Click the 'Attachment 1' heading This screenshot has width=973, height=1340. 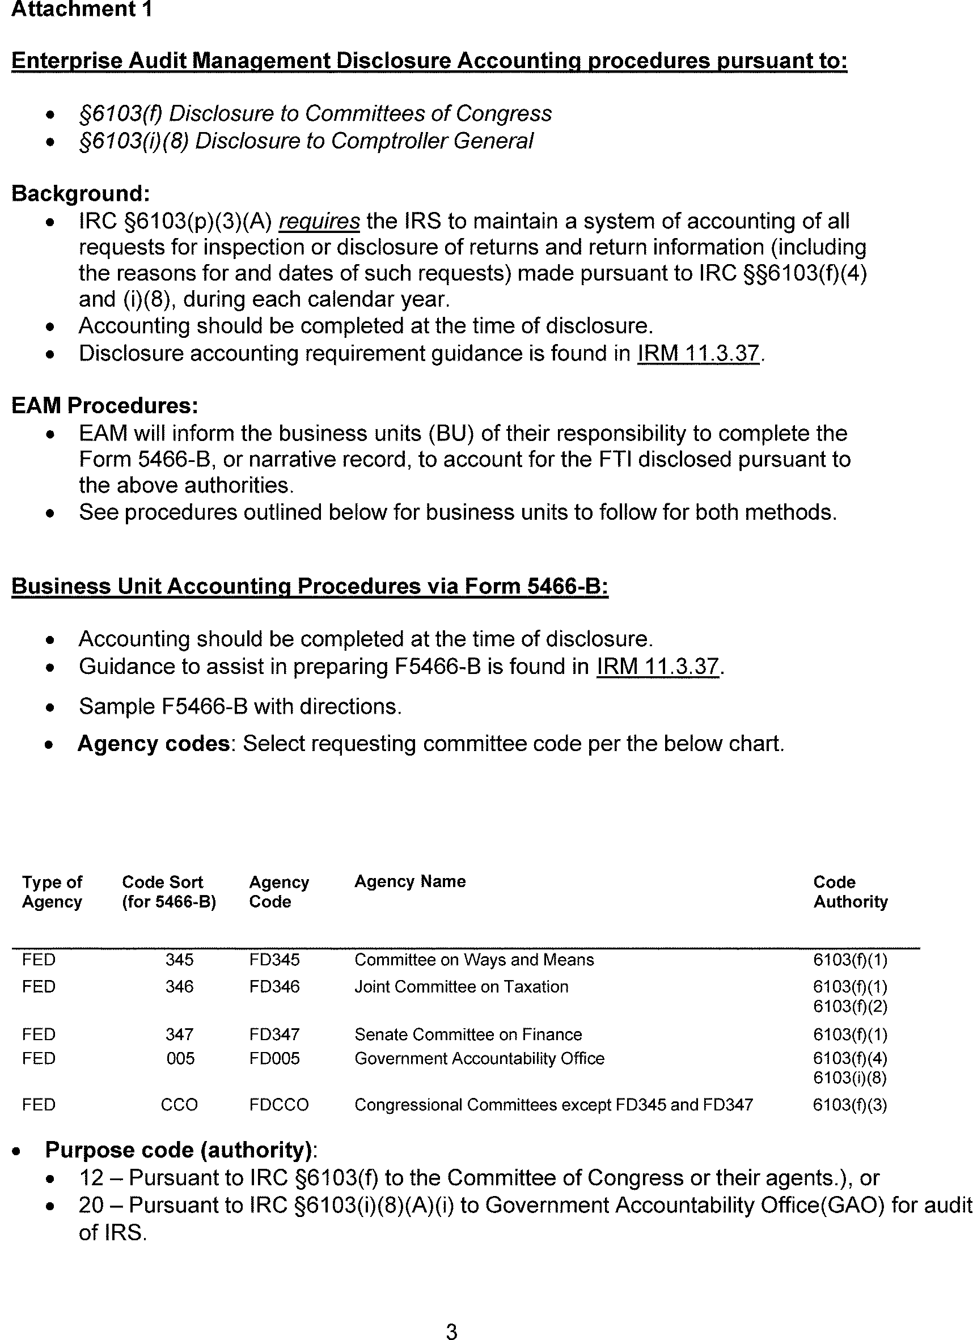(82, 10)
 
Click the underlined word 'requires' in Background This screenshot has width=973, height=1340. (319, 221)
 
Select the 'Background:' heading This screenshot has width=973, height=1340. (81, 193)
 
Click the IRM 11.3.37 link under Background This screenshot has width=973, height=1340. (697, 353)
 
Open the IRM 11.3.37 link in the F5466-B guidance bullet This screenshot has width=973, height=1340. (657, 667)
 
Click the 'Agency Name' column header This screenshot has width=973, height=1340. (409, 881)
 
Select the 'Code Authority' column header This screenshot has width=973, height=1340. (850, 892)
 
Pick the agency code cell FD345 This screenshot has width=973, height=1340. (274, 960)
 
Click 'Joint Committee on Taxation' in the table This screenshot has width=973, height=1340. (461, 987)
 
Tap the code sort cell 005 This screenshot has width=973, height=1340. (180, 1058)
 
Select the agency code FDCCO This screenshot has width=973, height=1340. (278, 1105)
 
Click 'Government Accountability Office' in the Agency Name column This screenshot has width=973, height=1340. (479, 1058)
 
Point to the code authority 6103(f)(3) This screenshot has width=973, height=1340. (849, 1105)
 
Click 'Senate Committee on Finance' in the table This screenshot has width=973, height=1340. (468, 1034)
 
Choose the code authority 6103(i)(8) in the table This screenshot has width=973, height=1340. (849, 1078)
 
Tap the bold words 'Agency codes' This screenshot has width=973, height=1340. (154, 743)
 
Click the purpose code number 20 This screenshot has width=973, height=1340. (91, 1205)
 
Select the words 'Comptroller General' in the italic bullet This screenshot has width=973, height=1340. (431, 141)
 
